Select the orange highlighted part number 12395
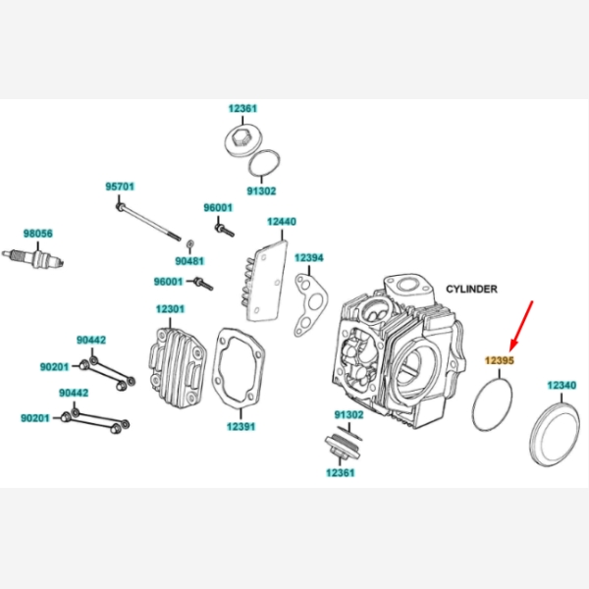(x=500, y=360)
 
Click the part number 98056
(x=38, y=233)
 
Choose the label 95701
(x=120, y=186)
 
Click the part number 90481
(x=188, y=261)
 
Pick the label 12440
(x=282, y=223)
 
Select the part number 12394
(x=309, y=257)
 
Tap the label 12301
(x=169, y=309)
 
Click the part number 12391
(x=241, y=427)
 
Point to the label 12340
(x=562, y=385)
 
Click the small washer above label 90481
(x=189, y=241)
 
